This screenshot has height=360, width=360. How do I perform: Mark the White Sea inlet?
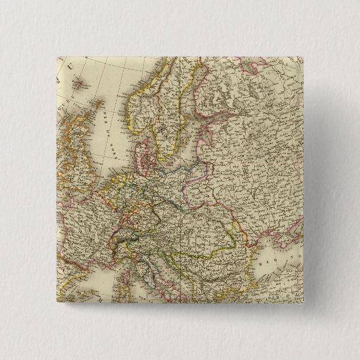click(x=262, y=82)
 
